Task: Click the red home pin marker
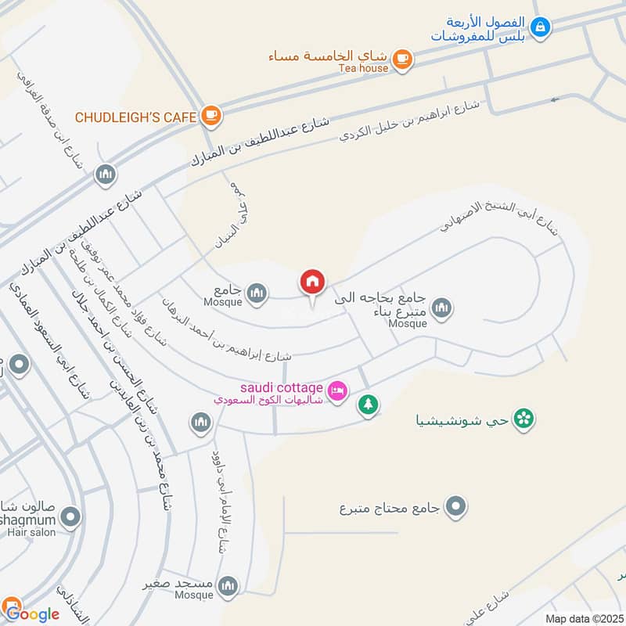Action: pyautogui.click(x=312, y=282)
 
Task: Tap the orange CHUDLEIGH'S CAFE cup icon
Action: pyautogui.click(x=210, y=117)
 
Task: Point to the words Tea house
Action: pyautogui.click(x=363, y=68)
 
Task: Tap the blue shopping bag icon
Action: pyautogui.click(x=539, y=27)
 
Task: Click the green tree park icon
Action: pyautogui.click(x=368, y=405)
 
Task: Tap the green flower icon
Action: pyautogui.click(x=525, y=419)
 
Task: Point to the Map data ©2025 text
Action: pyautogui.click(x=583, y=618)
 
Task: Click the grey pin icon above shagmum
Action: pyautogui.click(x=71, y=516)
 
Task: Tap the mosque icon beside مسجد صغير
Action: pyautogui.click(x=228, y=585)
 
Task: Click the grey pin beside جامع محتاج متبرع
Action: pyautogui.click(x=455, y=507)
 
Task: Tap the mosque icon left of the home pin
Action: pyautogui.click(x=256, y=293)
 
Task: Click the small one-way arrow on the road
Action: pyautogui.click(x=556, y=99)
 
